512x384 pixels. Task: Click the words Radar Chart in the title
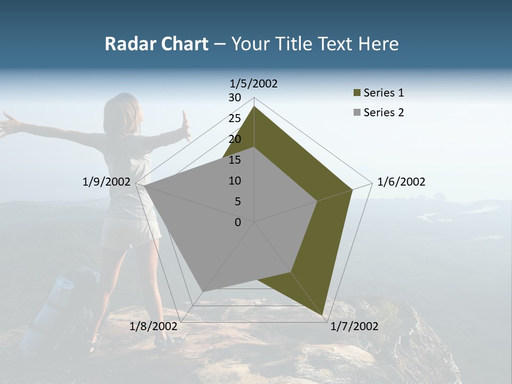(x=156, y=44)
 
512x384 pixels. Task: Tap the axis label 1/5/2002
(x=254, y=83)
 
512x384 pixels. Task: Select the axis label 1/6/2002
(x=401, y=182)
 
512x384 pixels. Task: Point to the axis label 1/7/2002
(x=354, y=326)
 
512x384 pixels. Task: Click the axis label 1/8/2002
(x=154, y=326)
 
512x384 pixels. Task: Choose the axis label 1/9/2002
(x=106, y=182)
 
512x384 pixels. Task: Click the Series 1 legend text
(x=383, y=93)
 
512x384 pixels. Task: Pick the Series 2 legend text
(x=383, y=113)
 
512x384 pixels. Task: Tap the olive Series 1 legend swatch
(x=357, y=93)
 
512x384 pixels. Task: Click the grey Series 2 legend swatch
(x=357, y=113)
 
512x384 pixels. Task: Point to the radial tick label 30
(x=235, y=98)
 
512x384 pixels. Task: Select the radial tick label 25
(x=235, y=118)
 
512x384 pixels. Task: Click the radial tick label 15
(x=235, y=160)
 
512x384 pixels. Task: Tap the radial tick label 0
(x=238, y=222)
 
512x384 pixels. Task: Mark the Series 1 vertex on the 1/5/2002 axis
(x=254, y=106)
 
